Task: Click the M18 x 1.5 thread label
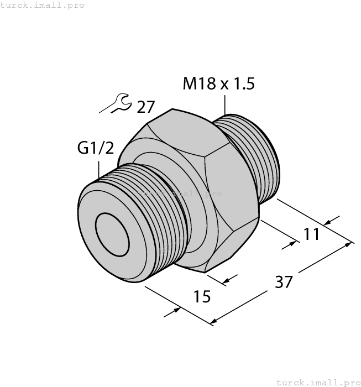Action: coord(218,84)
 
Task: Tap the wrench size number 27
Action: coord(145,107)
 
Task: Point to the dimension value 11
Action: coord(312,234)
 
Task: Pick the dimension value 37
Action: coord(283,282)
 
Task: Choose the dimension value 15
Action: coord(202,297)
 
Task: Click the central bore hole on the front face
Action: coord(112,233)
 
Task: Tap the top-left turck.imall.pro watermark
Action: coord(43,5)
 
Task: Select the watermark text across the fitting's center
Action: coord(180,194)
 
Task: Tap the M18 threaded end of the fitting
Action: coord(254,155)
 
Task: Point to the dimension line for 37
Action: coord(282,282)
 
